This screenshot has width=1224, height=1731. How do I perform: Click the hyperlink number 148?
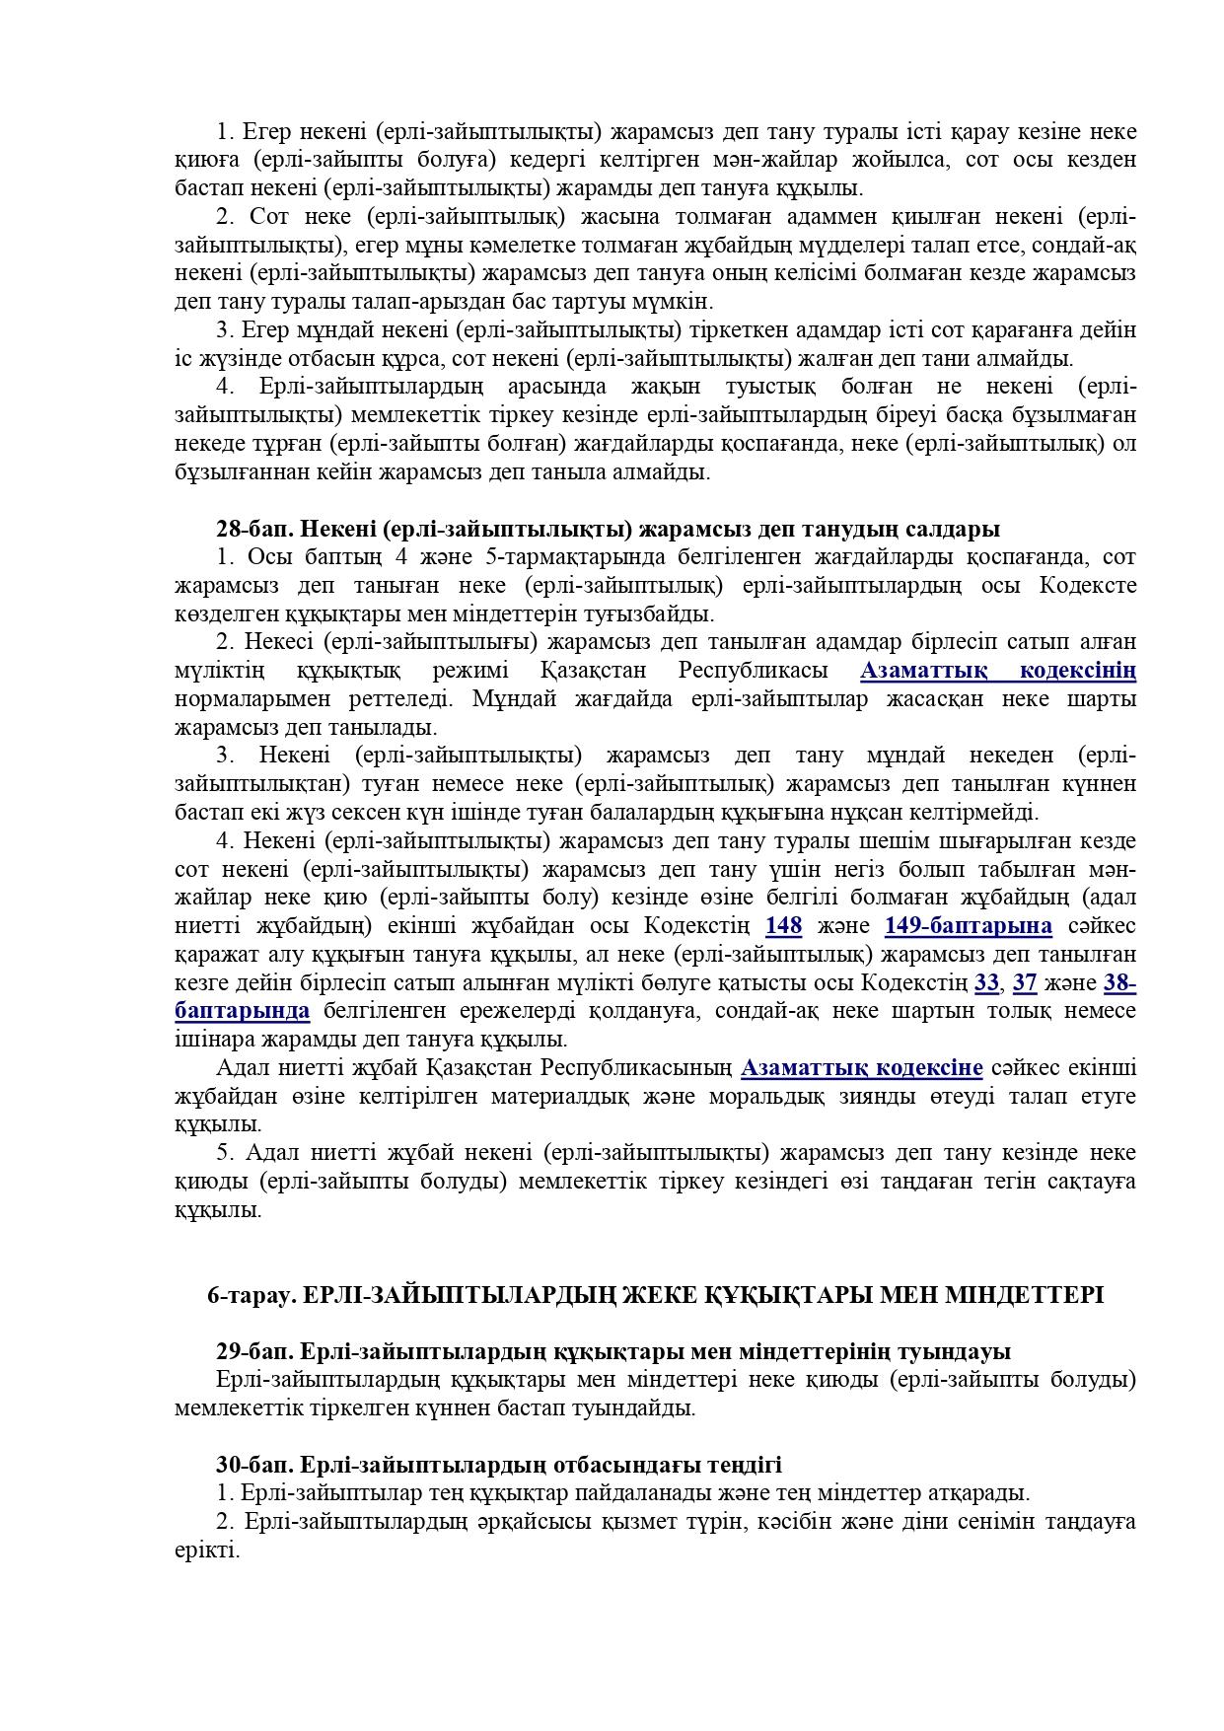(783, 926)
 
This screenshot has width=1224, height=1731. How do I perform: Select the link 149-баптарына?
(968, 926)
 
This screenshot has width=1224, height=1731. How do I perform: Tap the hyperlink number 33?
(985, 982)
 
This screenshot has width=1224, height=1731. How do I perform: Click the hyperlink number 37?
(1025, 982)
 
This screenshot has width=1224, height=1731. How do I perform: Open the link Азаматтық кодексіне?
(861, 1068)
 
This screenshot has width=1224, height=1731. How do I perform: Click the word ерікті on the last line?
(206, 1550)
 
